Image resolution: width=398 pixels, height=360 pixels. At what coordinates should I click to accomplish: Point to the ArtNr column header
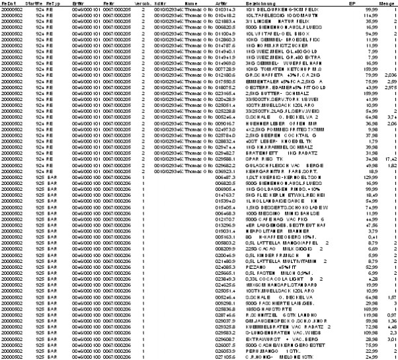[221, 4]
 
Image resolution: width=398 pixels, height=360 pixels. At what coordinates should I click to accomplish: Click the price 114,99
[359, 15]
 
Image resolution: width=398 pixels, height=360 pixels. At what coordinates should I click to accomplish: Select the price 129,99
[359, 178]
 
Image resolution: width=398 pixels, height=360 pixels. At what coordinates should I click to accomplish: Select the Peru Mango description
[268, 351]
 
